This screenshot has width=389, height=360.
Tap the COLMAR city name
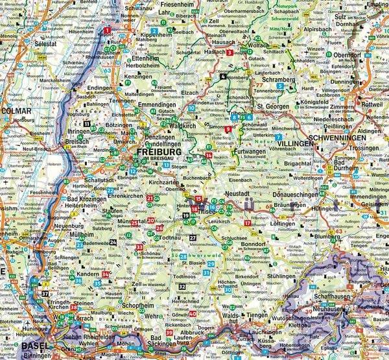[x=14, y=110]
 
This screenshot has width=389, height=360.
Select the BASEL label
[x=35, y=346]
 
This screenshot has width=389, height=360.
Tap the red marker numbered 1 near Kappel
[x=107, y=30]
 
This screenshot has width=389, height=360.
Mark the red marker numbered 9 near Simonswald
[x=228, y=129]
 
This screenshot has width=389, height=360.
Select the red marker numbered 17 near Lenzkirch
[x=247, y=223]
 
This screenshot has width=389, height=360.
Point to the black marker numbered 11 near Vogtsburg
[x=87, y=123]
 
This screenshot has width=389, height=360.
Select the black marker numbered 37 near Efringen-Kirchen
[x=45, y=293]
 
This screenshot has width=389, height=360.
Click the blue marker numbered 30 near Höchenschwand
[x=227, y=289]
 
